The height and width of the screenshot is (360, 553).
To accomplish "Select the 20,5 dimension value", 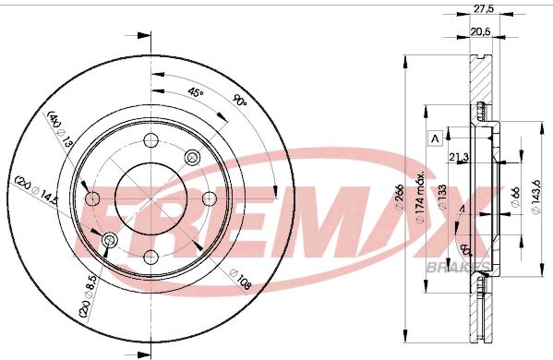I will coord(480,31).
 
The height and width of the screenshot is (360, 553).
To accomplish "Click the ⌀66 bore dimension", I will coord(515,196).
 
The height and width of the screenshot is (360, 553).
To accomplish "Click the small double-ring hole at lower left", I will coord(110,241).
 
